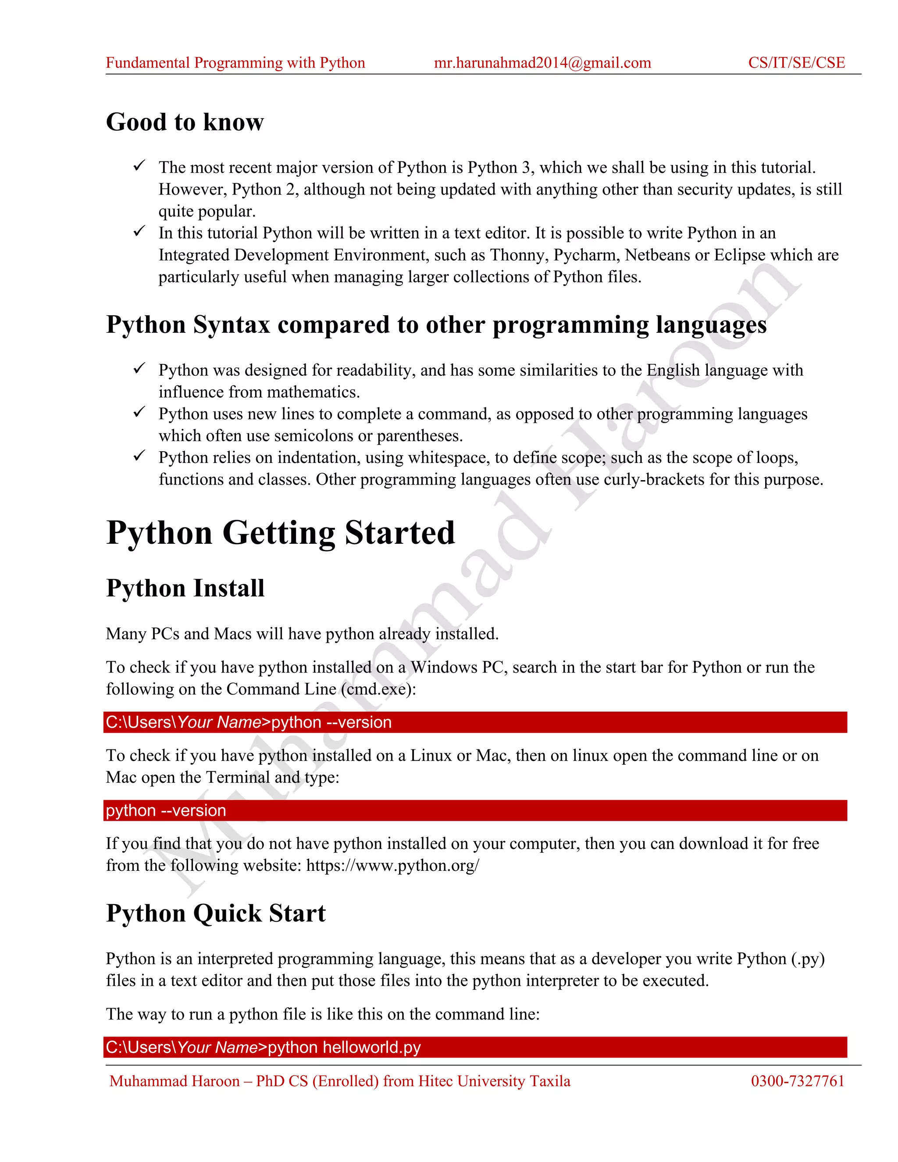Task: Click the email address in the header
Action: pos(542,63)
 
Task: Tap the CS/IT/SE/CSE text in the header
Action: pos(796,63)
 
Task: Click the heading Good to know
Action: pos(185,122)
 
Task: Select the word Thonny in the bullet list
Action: pos(519,255)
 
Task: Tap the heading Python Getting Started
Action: pos(280,533)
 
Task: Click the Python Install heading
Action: pos(185,588)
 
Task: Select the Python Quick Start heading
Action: pos(215,913)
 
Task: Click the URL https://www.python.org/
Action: pos(392,866)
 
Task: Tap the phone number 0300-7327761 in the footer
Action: pos(798,1081)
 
